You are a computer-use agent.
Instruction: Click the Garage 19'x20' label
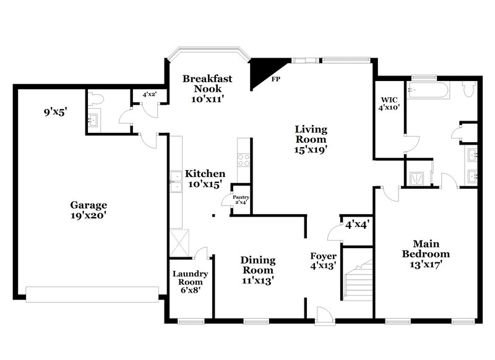pos(88,210)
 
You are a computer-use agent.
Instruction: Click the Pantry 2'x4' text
pos(241,200)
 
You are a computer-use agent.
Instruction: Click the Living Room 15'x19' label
pos(311,139)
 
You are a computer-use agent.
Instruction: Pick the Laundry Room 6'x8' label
pos(190,281)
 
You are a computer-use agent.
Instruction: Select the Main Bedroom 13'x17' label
pos(426,254)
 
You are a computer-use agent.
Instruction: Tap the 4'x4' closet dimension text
pos(357,225)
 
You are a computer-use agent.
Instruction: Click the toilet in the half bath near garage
pos(95,100)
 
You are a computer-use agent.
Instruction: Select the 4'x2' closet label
pos(149,95)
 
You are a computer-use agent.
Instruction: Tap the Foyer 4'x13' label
pos(323,260)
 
